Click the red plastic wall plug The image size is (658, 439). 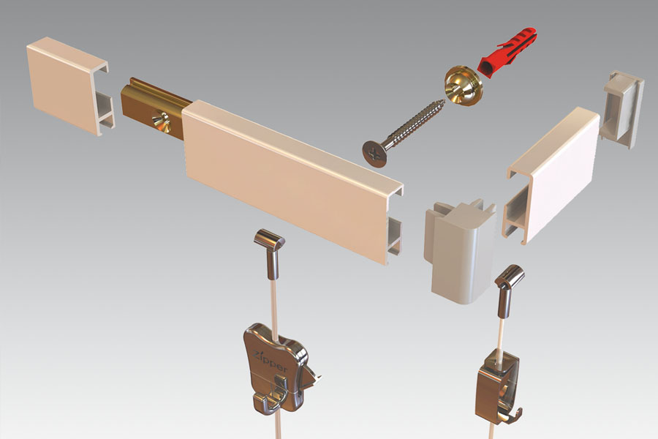(507, 53)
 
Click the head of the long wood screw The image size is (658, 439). (374, 154)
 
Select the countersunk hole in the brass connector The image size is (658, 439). (161, 121)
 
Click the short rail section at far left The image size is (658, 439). (69, 86)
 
